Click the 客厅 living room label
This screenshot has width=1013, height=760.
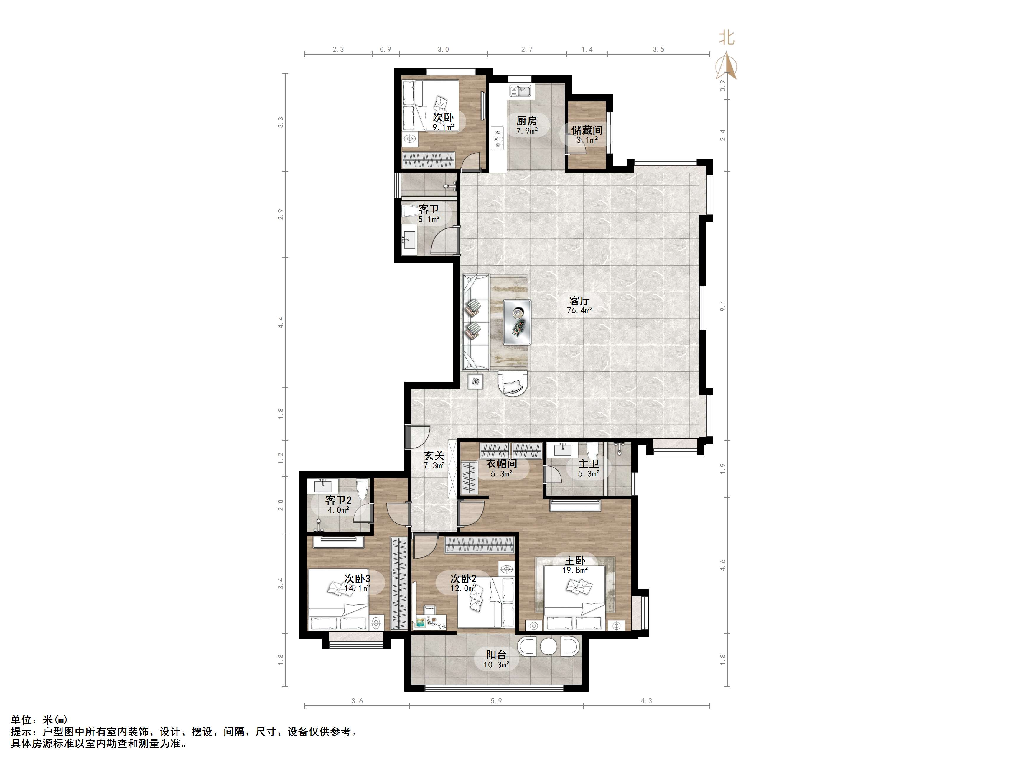point(579,300)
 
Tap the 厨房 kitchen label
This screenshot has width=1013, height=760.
point(527,121)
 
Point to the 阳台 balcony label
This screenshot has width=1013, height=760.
point(496,655)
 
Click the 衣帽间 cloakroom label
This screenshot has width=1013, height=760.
point(501,464)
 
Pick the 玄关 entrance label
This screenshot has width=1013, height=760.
point(434,455)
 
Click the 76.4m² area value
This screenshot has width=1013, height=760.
point(579,310)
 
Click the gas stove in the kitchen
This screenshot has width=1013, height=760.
point(497,137)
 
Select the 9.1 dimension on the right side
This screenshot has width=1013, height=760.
point(723,306)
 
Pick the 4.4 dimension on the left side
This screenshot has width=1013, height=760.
point(281,322)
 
